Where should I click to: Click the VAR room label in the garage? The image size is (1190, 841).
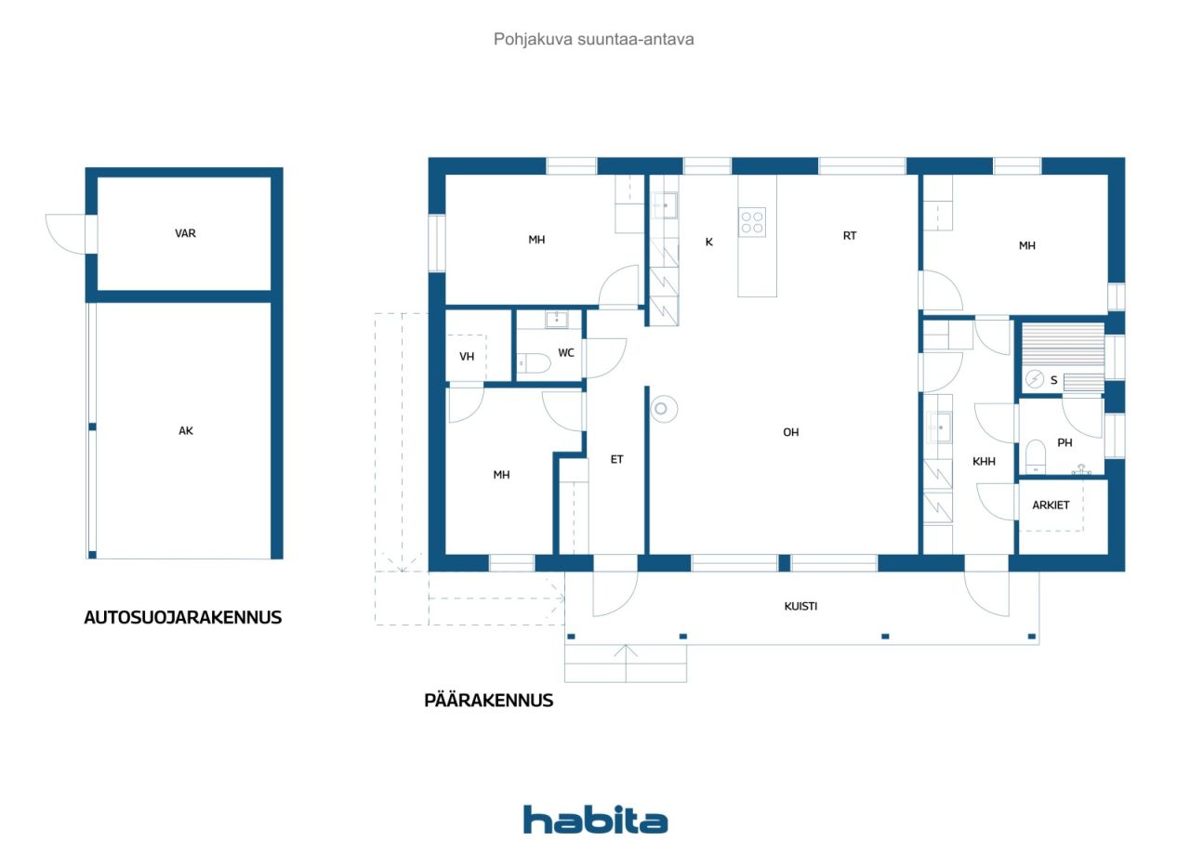click(x=185, y=233)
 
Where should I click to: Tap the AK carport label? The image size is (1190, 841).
click(x=186, y=431)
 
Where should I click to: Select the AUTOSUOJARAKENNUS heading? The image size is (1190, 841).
click(x=183, y=617)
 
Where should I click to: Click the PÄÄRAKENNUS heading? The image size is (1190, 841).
click(x=489, y=701)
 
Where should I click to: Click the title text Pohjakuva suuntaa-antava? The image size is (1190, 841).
click(x=593, y=39)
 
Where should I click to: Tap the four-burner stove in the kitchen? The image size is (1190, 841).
click(x=752, y=222)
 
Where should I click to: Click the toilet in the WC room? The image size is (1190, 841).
click(x=534, y=363)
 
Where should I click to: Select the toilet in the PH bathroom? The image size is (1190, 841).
click(x=1036, y=456)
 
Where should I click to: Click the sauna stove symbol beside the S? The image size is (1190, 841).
click(x=1035, y=379)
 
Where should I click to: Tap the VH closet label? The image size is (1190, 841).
click(x=467, y=357)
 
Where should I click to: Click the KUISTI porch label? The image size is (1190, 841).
click(x=800, y=606)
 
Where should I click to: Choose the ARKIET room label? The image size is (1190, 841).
click(x=1051, y=506)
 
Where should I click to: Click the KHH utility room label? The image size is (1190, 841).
click(x=984, y=462)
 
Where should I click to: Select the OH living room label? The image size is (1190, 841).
click(x=791, y=433)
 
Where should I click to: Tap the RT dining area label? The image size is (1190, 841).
click(x=850, y=236)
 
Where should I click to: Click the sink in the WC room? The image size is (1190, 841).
click(x=556, y=321)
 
